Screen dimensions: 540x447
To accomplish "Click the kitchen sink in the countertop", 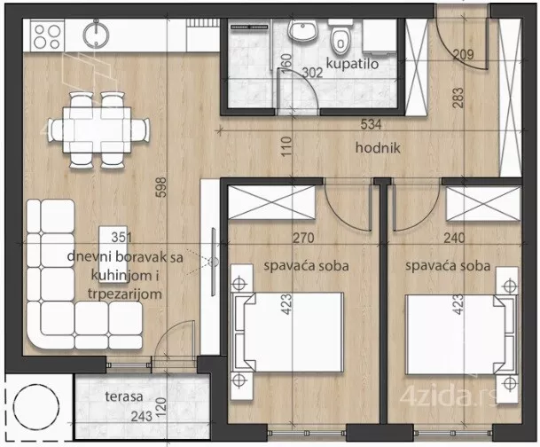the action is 96,34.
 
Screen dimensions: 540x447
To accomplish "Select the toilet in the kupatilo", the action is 340,37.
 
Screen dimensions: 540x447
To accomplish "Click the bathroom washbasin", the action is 302,30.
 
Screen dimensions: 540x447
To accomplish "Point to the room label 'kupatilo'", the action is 352,64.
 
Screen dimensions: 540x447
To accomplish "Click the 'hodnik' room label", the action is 378,148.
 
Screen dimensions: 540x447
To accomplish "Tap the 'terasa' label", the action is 123,396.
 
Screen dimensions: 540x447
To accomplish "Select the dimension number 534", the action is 371,124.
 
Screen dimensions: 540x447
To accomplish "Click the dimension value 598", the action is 161,187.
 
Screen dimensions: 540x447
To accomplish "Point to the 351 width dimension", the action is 121,238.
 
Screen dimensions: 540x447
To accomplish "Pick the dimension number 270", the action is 303,238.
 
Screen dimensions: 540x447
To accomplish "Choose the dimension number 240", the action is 454,238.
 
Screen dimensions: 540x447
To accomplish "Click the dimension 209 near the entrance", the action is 463,54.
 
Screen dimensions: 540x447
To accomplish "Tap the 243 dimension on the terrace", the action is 141,416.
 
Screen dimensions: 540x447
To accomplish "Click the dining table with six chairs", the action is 98,129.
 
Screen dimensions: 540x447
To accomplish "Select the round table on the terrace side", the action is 35,407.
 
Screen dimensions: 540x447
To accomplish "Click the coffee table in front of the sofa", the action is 113,255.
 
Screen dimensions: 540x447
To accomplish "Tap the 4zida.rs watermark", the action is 449,396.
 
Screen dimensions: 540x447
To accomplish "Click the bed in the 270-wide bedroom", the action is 288,332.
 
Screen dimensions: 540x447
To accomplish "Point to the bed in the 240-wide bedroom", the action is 461,334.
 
